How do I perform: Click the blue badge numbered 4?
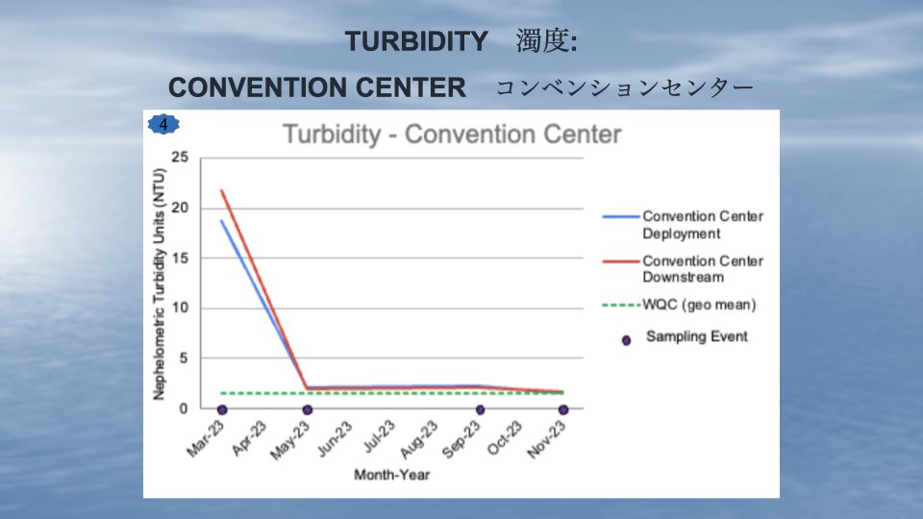click(x=163, y=124)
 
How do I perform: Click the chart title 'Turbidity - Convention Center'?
click(x=452, y=135)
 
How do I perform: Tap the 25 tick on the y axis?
click(x=180, y=157)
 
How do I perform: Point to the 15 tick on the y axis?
click(x=180, y=258)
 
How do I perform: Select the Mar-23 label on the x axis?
click(x=206, y=438)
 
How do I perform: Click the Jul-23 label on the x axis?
click(x=379, y=436)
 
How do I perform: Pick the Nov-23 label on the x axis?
click(x=547, y=439)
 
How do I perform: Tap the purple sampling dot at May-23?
click(x=308, y=409)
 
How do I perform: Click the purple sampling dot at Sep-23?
click(x=481, y=409)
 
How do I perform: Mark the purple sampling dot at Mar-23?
click(x=222, y=409)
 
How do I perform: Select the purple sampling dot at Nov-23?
click(x=563, y=409)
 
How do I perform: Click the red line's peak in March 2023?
click(x=222, y=190)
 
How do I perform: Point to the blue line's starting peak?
click(x=222, y=221)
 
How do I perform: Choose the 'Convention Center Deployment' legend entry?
click(x=683, y=225)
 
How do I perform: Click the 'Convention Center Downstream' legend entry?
click(x=683, y=269)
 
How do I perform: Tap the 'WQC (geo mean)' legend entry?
click(x=680, y=305)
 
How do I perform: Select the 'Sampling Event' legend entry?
click(x=686, y=337)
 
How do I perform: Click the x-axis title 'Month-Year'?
click(x=392, y=475)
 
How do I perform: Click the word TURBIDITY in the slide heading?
click(x=416, y=41)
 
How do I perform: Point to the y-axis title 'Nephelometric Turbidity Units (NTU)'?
click(x=159, y=284)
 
